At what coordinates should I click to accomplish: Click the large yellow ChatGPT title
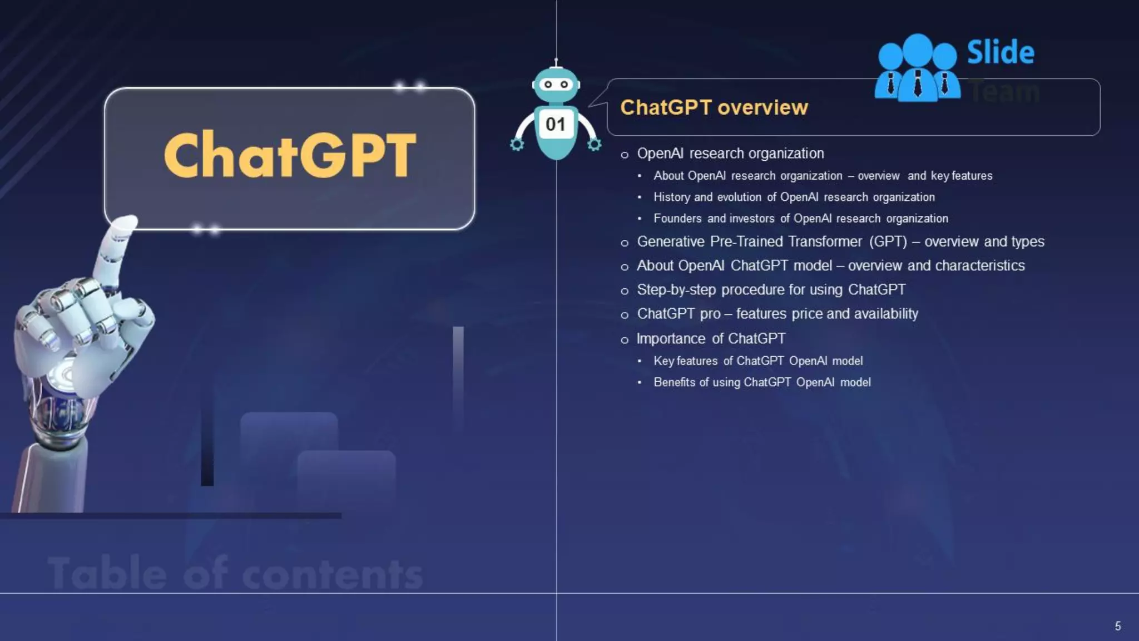(x=290, y=155)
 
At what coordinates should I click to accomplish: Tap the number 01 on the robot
(x=555, y=124)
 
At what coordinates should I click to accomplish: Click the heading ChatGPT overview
(x=714, y=107)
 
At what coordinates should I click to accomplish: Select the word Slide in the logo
(x=1001, y=52)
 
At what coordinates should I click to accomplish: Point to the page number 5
(x=1117, y=626)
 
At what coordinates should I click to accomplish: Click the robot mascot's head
(x=556, y=85)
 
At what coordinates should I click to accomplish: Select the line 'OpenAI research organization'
(x=730, y=154)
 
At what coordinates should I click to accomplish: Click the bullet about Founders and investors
(x=800, y=219)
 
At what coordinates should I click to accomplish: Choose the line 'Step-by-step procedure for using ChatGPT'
(x=771, y=290)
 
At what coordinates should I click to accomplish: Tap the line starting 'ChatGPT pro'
(x=777, y=314)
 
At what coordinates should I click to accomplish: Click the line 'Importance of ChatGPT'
(x=711, y=338)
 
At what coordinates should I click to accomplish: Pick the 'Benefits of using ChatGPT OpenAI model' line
(x=762, y=382)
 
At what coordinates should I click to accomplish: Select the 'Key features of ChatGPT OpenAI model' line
(x=758, y=361)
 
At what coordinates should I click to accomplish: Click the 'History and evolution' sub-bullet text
(x=794, y=197)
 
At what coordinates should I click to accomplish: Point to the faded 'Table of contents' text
(x=235, y=573)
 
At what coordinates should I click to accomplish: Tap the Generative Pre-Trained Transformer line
(x=840, y=242)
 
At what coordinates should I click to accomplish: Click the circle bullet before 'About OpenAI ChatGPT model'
(x=625, y=267)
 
